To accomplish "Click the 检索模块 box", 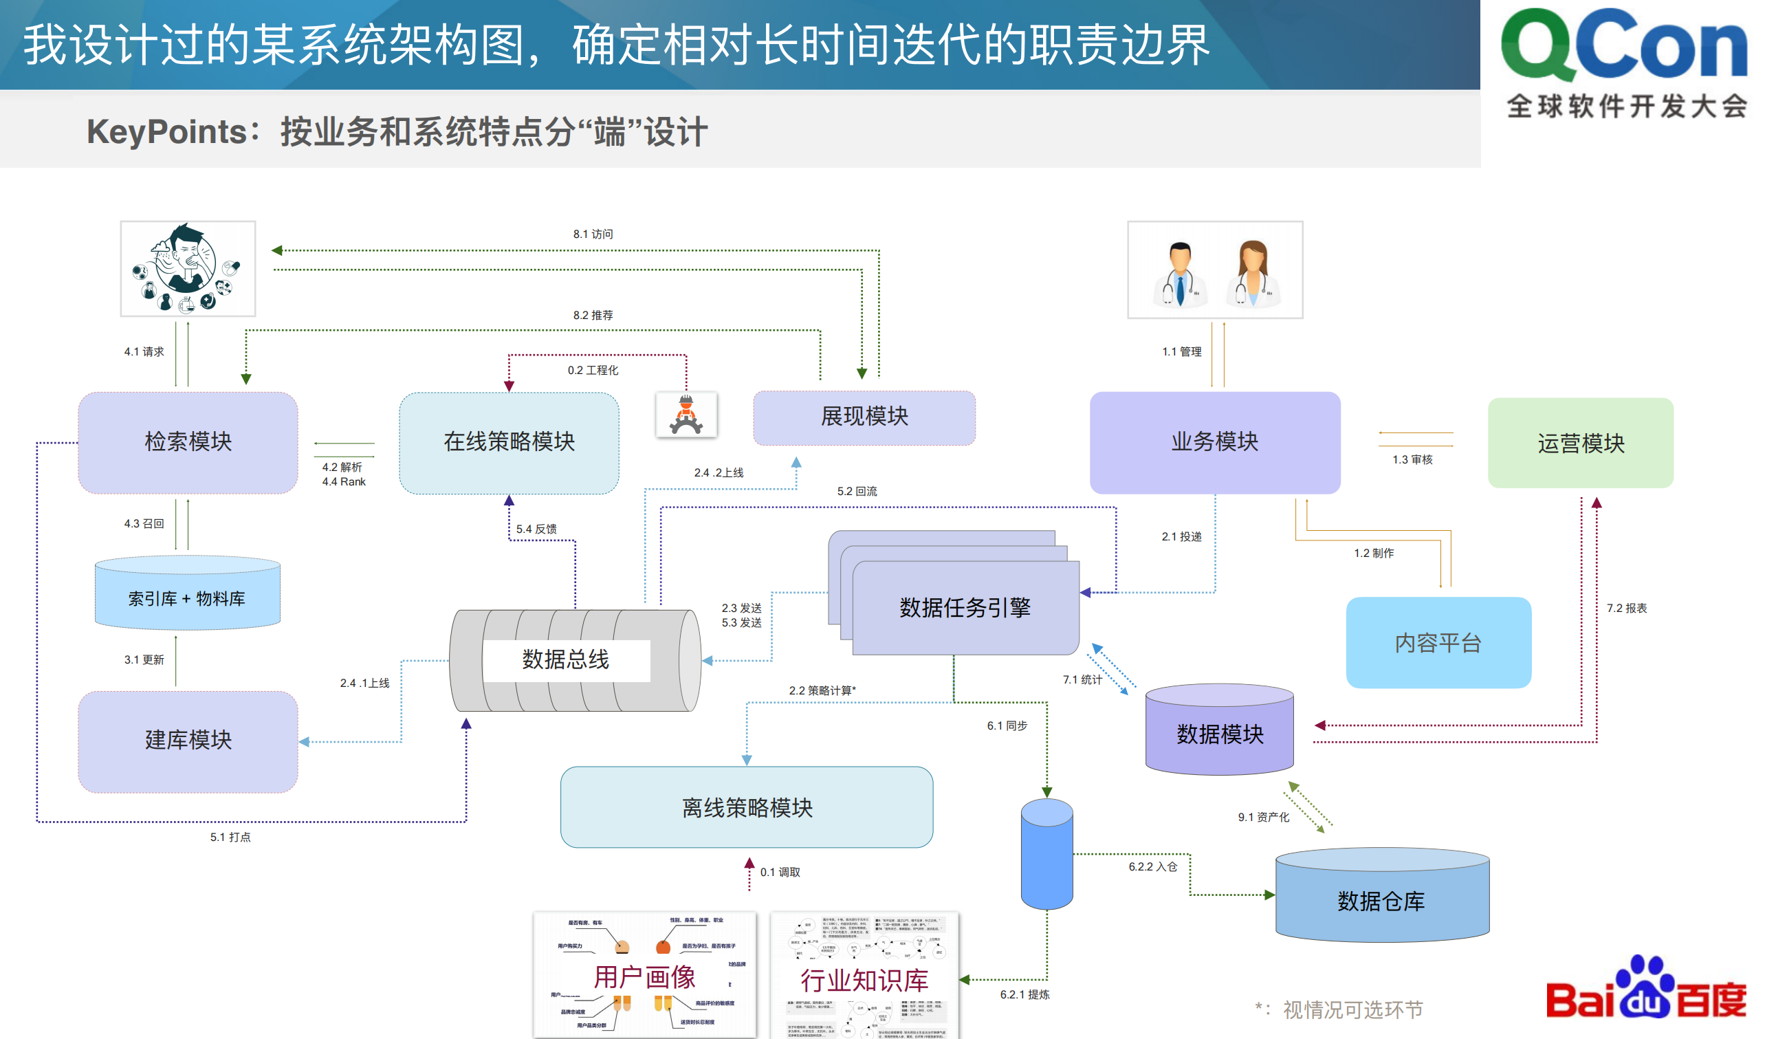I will click(188, 442).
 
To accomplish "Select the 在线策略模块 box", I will click(509, 442).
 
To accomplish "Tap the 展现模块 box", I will click(864, 417).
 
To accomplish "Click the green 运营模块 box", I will click(1580, 443).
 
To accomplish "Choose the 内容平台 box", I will click(1438, 642).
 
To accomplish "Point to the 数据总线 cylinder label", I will click(565, 659).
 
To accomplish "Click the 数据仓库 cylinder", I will click(1382, 900).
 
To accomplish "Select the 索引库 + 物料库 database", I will click(187, 598).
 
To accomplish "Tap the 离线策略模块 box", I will click(747, 807).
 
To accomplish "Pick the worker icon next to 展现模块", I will click(686, 415).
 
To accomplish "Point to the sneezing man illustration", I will click(187, 267).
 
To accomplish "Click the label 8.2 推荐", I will click(593, 315).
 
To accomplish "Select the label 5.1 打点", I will click(230, 838).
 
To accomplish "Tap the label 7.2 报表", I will click(1626, 608).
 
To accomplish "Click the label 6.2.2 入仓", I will click(1152, 866).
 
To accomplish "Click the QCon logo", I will click(1623, 45).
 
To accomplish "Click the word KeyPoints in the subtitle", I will click(166, 132).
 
